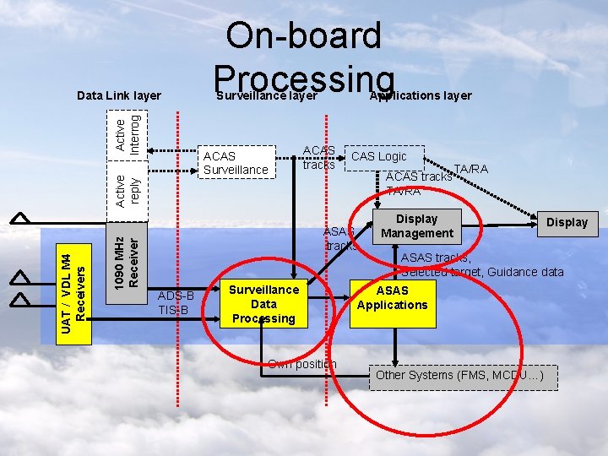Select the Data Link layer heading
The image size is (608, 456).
click(118, 95)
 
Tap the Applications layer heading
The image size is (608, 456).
click(421, 95)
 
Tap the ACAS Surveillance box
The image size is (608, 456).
click(236, 163)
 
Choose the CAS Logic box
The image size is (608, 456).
click(379, 156)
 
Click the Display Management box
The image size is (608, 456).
click(416, 225)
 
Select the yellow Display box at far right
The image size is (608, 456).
click(567, 222)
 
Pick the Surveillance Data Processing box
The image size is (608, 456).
click(263, 304)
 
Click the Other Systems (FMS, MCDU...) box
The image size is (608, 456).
click(463, 375)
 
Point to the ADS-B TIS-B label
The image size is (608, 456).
click(176, 302)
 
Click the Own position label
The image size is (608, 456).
click(301, 364)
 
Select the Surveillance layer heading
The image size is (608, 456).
click(266, 95)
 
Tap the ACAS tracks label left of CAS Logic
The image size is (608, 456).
click(319, 157)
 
